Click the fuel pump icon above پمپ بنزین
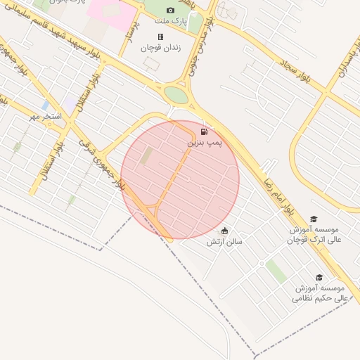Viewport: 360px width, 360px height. coord(205,131)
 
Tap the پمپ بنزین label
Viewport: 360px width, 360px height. coord(204,142)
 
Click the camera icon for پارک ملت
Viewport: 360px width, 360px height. coord(170,10)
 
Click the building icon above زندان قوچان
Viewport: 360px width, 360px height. coord(160,37)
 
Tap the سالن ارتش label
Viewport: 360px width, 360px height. coord(224,241)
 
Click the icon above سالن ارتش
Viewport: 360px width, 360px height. coord(224,231)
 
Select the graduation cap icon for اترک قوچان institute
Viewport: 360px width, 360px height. coord(314,219)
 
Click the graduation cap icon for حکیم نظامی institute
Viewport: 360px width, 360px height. coord(319,278)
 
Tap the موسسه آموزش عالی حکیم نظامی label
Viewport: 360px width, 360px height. coord(320,293)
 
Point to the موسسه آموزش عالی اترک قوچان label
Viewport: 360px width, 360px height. coord(314,235)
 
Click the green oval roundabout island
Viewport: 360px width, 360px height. coord(176,95)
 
